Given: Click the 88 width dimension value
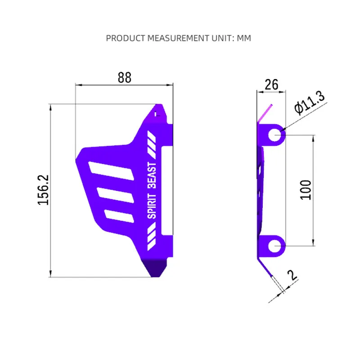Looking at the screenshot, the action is click(x=125, y=77).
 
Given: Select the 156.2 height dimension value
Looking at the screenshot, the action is click(x=43, y=190).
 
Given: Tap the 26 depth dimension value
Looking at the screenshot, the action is click(x=271, y=85).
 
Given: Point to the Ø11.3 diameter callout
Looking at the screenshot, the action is click(x=310, y=103).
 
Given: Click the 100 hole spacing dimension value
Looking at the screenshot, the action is click(x=306, y=190).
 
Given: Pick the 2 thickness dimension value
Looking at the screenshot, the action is click(x=292, y=275).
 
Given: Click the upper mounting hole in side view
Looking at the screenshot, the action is click(x=274, y=135).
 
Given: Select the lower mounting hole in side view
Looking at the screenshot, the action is click(x=274, y=246).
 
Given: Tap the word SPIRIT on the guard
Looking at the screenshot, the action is click(x=152, y=206).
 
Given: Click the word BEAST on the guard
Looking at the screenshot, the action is click(x=152, y=175).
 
